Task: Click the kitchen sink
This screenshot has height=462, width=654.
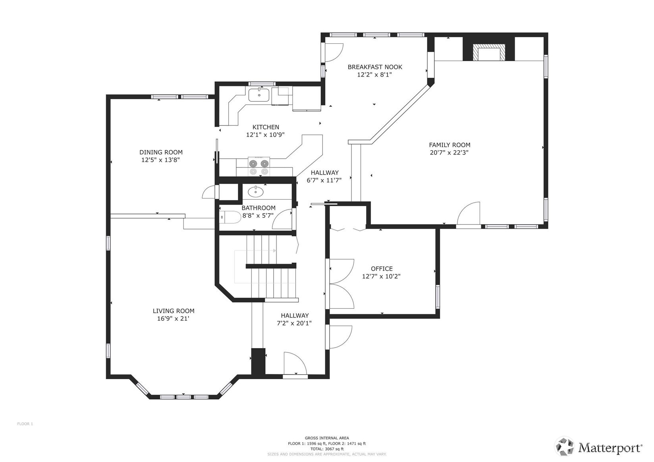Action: tap(259, 95)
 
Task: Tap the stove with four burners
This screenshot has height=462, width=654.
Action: tap(259, 167)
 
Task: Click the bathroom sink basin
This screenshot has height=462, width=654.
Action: tap(255, 192)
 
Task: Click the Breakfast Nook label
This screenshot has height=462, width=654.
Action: tap(374, 67)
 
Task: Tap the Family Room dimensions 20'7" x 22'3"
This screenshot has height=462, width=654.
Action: tap(449, 152)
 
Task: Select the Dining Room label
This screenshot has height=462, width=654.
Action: tap(161, 152)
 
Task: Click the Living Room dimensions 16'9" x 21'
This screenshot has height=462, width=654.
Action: tap(173, 318)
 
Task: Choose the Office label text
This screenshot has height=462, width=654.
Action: tap(382, 269)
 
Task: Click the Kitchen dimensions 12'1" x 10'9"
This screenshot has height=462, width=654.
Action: tap(265, 135)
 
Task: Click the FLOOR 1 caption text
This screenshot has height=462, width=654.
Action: tap(25, 424)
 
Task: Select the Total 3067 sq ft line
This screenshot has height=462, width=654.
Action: tap(327, 449)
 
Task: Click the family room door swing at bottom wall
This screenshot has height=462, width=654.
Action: tap(469, 214)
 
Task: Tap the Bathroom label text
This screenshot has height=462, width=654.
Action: tap(258, 208)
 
